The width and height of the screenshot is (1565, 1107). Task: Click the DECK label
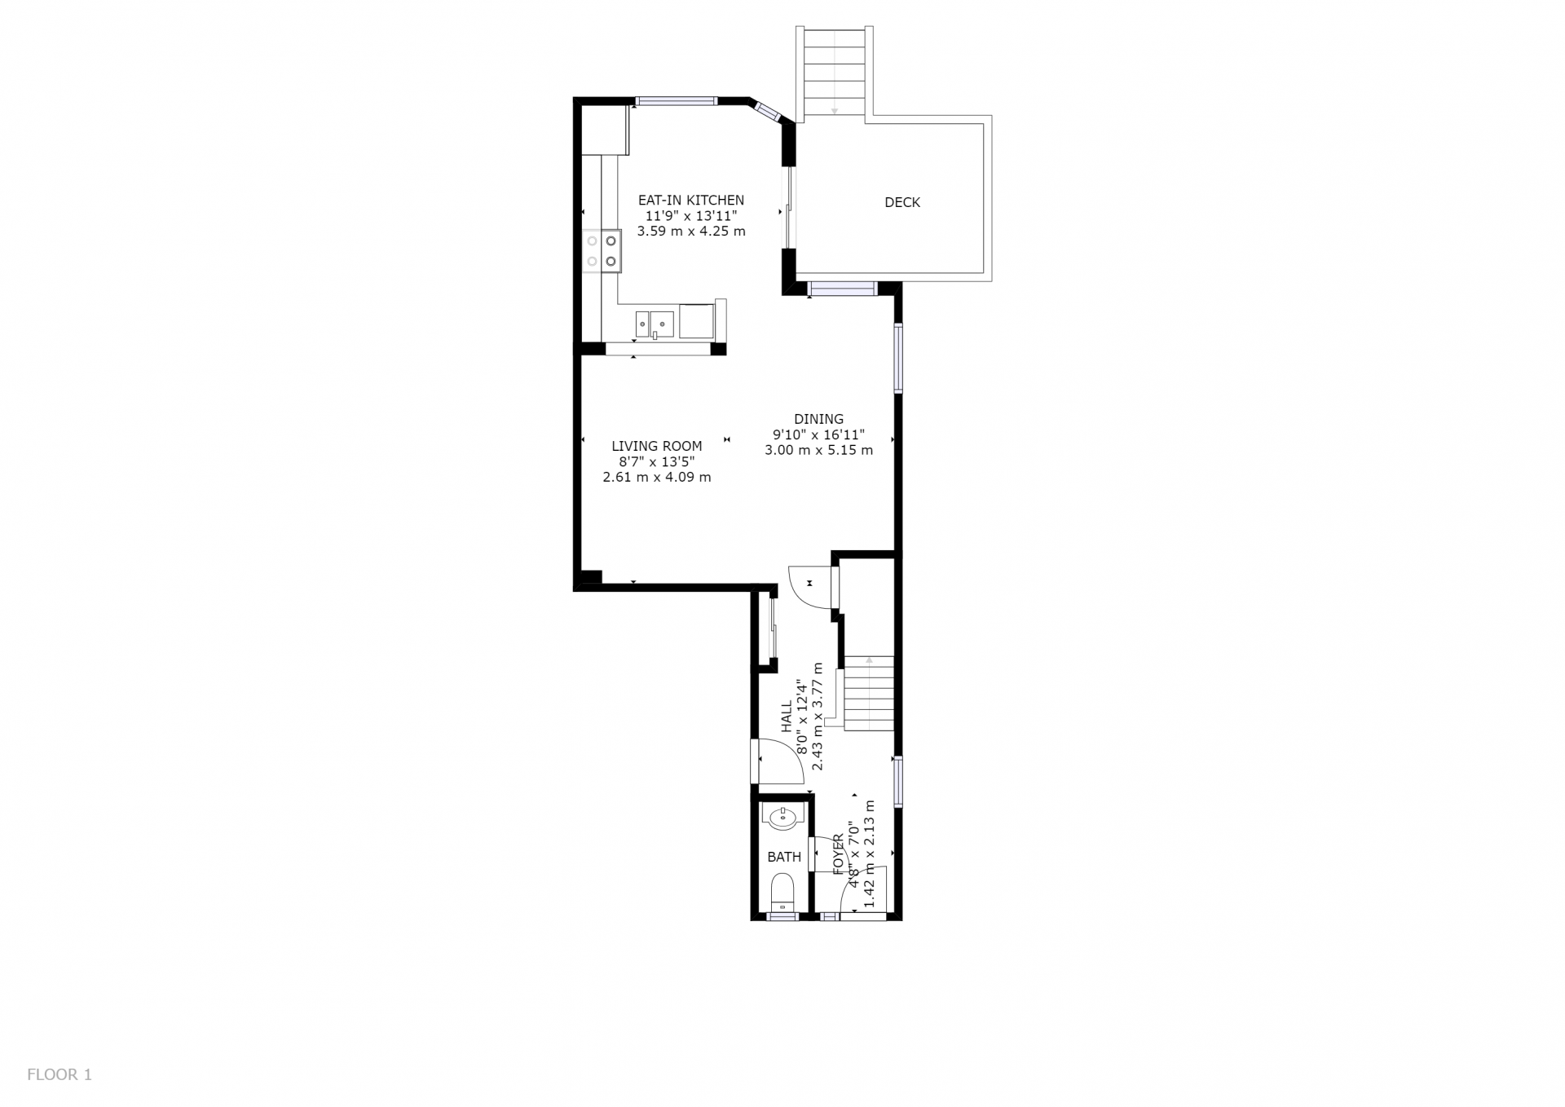[x=902, y=202]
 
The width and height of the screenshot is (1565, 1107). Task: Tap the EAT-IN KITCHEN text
[x=691, y=200]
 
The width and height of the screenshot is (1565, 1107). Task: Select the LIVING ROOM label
[x=657, y=446]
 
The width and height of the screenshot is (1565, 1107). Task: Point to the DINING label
[x=818, y=419]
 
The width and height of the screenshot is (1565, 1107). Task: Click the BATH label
[x=784, y=857]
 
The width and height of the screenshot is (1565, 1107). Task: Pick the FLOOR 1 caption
[x=60, y=1074]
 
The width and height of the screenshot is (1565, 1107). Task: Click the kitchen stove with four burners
[x=602, y=251]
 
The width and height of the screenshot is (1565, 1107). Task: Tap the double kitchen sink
[x=655, y=324]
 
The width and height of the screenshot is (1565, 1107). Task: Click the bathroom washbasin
[x=783, y=817]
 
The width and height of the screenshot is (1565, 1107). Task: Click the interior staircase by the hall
[x=869, y=694]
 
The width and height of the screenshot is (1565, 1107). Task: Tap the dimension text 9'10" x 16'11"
[x=818, y=434]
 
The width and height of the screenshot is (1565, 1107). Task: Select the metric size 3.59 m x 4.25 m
[x=691, y=231]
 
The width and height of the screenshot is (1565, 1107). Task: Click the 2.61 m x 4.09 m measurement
[x=657, y=477]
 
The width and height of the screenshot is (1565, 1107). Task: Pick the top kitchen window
[x=677, y=101]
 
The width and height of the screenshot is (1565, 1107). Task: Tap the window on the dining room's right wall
[x=898, y=358]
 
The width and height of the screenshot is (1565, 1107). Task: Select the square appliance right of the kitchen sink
[x=696, y=321]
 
